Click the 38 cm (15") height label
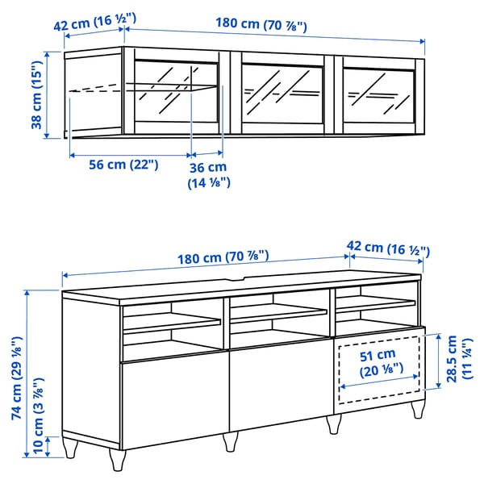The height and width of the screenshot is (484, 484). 36,93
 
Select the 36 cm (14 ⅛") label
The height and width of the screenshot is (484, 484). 209,175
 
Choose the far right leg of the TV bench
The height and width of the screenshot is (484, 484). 418,407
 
